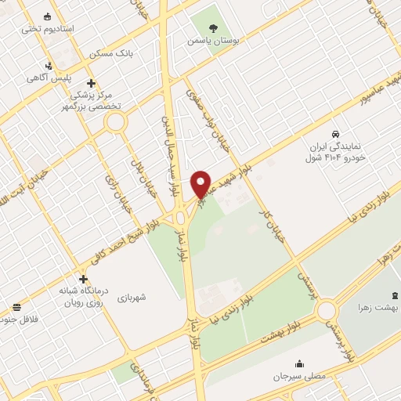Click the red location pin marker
(x=202, y=182)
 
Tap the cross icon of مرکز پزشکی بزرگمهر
(x=92, y=83)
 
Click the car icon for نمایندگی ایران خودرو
(x=336, y=134)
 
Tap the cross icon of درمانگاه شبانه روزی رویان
(x=83, y=279)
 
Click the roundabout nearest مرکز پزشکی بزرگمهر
(x=117, y=121)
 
